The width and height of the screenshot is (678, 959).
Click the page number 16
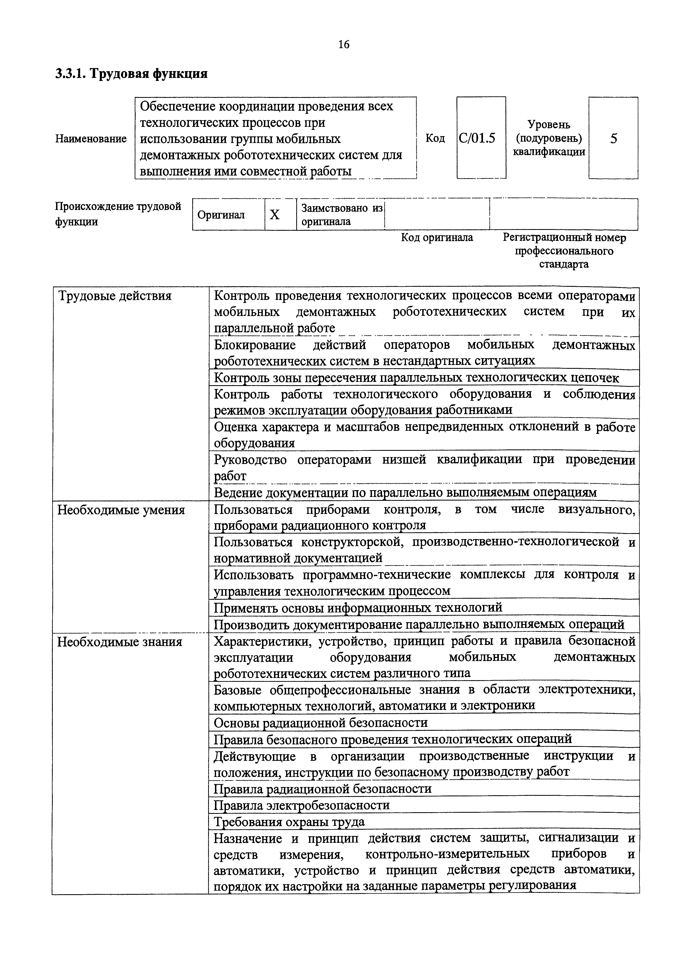coord(344,44)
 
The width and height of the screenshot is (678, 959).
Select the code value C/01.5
coord(477,138)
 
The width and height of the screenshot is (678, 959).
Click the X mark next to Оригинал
coord(275,214)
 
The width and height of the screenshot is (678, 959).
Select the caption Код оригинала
coord(437,238)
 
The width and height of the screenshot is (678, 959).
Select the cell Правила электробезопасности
coord(302,805)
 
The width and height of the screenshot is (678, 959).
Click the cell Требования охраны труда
coord(289,821)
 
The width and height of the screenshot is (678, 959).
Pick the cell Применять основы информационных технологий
coord(358,607)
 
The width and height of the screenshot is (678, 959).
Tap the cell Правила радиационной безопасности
coord(322,789)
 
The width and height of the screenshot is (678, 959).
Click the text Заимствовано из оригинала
coord(341,215)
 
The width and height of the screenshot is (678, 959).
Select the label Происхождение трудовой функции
coord(118,214)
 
